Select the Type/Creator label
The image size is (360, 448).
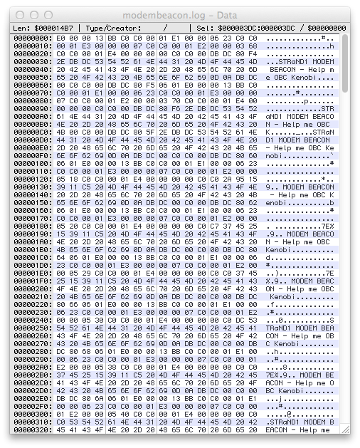[x=111, y=28]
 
